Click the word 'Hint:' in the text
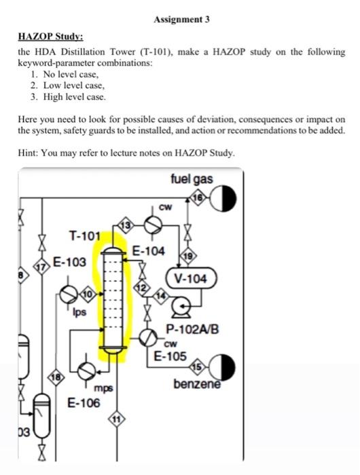click(29, 153)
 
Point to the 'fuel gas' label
click(192, 178)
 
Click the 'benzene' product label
click(198, 385)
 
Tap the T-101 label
click(86, 235)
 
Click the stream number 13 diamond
click(125, 224)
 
